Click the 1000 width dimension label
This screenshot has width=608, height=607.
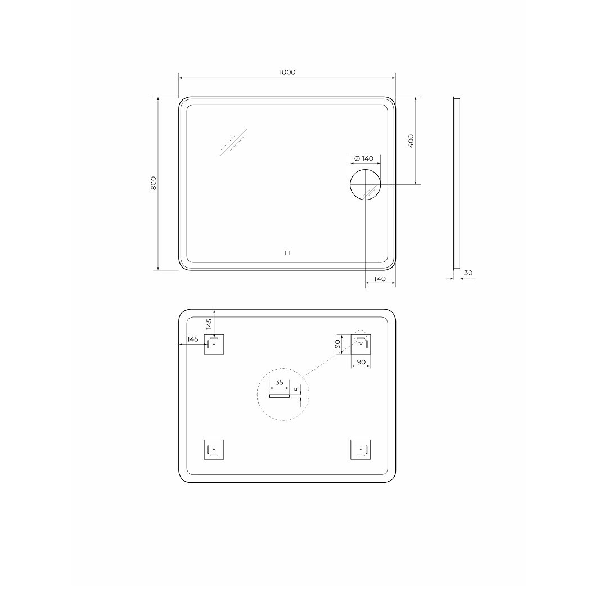coord(287,72)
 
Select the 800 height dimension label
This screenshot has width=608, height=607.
coord(154,183)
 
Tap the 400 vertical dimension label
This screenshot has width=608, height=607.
coord(411,141)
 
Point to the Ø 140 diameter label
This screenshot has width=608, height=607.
coord(364,158)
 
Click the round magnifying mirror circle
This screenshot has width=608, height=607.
coord(365,170)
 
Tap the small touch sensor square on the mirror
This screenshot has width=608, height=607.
coord(287,253)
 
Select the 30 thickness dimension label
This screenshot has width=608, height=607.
coord(468,273)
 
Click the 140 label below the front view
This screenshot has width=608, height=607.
coord(380,279)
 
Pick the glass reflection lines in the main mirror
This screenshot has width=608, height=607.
coord(233,142)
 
